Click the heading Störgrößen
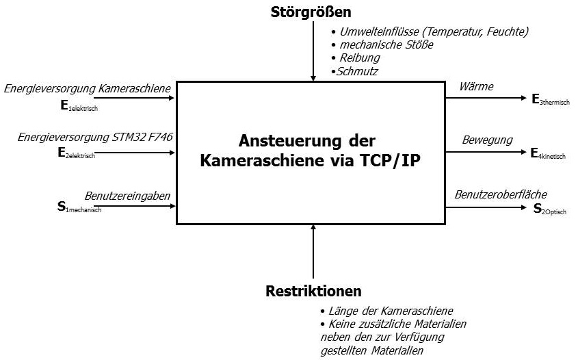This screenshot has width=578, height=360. [x=311, y=12]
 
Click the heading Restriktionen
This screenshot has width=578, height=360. [x=313, y=291]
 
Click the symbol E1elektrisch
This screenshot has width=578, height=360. [x=79, y=106]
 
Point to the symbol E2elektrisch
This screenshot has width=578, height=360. [x=77, y=153]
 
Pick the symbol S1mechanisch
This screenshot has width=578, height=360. [x=79, y=207]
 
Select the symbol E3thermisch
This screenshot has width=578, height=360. [x=551, y=100]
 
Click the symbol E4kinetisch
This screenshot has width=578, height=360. [x=548, y=154]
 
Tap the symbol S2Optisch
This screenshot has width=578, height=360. [x=550, y=209]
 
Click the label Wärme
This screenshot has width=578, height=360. [x=476, y=87]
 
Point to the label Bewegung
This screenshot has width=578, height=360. [x=487, y=140]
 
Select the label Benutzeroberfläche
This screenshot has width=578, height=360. [x=501, y=194]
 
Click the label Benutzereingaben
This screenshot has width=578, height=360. [x=127, y=196]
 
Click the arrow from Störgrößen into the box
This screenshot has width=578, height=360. [x=313, y=51]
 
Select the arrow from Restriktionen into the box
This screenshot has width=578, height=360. [x=313, y=251]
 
